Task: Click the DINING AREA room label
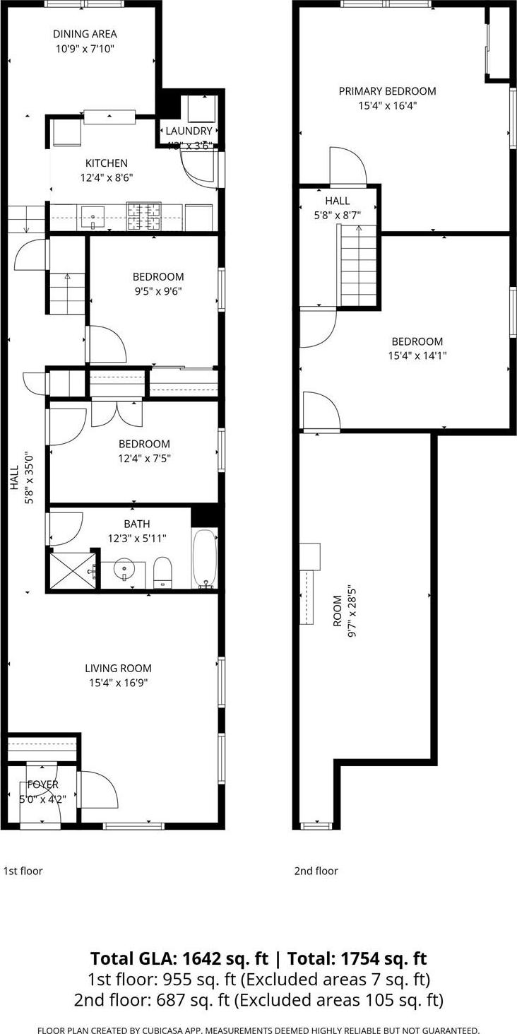pos(85,33)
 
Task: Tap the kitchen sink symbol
pos(94,216)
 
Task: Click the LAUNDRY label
pos(189,131)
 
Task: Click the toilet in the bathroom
pos(163,571)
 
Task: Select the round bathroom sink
pos(124,569)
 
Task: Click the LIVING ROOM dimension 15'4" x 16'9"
pos(118,683)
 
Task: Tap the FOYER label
pos(42,785)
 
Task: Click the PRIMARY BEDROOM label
pos(387,90)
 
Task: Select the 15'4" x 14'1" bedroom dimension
pos(417,356)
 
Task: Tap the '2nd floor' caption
pos(316,871)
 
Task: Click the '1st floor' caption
pos(23,871)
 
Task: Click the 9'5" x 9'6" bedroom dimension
pos(158,291)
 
